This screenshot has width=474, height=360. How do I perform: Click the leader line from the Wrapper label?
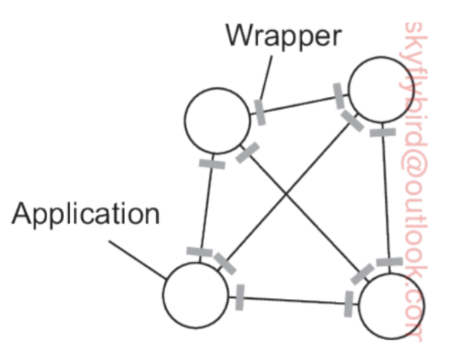coord(267,76)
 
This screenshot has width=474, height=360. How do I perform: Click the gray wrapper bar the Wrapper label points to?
coord(259,110)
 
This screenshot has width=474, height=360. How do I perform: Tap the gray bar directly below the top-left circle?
coord(212,165)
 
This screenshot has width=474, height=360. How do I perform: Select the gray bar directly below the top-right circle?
coord(382,132)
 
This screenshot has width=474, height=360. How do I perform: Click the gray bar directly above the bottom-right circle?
coord(388,263)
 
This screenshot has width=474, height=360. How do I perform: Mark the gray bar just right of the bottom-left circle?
coord(240,294)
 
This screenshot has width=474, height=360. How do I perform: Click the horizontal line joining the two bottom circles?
coord(293,298)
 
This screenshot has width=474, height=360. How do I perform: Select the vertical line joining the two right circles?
coord(385,197)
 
